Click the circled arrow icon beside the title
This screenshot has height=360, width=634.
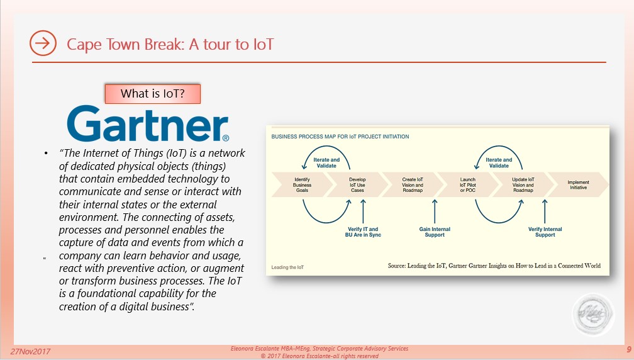(43, 43)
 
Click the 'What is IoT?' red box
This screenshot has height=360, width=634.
(152, 94)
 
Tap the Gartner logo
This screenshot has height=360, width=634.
(148, 123)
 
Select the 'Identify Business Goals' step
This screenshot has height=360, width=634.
(302, 185)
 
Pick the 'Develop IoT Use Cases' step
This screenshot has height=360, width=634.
(357, 185)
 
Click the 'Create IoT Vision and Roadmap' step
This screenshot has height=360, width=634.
(413, 185)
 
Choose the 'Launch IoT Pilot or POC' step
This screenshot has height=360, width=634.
(468, 185)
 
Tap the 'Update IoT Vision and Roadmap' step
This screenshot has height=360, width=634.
(523, 185)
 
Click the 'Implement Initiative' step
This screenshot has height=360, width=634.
(578, 185)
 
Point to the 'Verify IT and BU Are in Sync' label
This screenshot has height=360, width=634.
(363, 232)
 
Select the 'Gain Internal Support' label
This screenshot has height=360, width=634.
(435, 232)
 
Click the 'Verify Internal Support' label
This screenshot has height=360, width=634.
(545, 232)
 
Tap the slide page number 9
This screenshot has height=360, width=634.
(629, 350)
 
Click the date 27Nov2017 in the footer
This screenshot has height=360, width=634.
(30, 352)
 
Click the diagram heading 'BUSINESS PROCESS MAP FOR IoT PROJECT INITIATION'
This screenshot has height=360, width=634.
(340, 137)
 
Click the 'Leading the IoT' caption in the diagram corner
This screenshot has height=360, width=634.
(287, 267)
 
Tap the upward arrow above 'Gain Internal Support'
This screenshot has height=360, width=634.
(435, 211)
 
